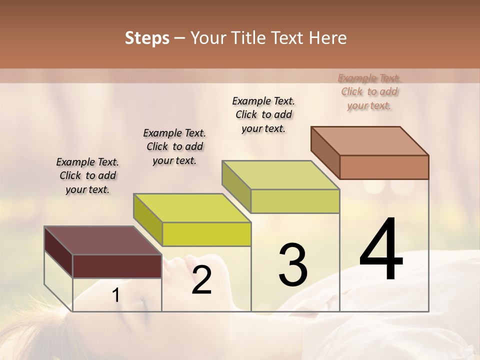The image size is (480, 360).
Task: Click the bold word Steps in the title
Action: coord(146,38)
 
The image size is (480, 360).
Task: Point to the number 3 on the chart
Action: coord(292,264)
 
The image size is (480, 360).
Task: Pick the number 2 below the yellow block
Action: coord(201,280)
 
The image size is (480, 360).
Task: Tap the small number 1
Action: coord(116,295)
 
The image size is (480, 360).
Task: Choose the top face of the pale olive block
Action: coord(280,175)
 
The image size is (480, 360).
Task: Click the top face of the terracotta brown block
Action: coord(369,140)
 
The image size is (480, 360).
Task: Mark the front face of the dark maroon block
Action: coord(117,266)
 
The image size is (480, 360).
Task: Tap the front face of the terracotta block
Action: coord(384,167)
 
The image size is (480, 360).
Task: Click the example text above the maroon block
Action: coord(87,176)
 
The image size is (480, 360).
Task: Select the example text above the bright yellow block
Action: coord(174,147)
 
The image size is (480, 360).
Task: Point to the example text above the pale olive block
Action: coord(263,114)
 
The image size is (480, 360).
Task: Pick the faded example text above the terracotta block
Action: coord(369,92)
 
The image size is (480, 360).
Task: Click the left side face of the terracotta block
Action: coord(325,152)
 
